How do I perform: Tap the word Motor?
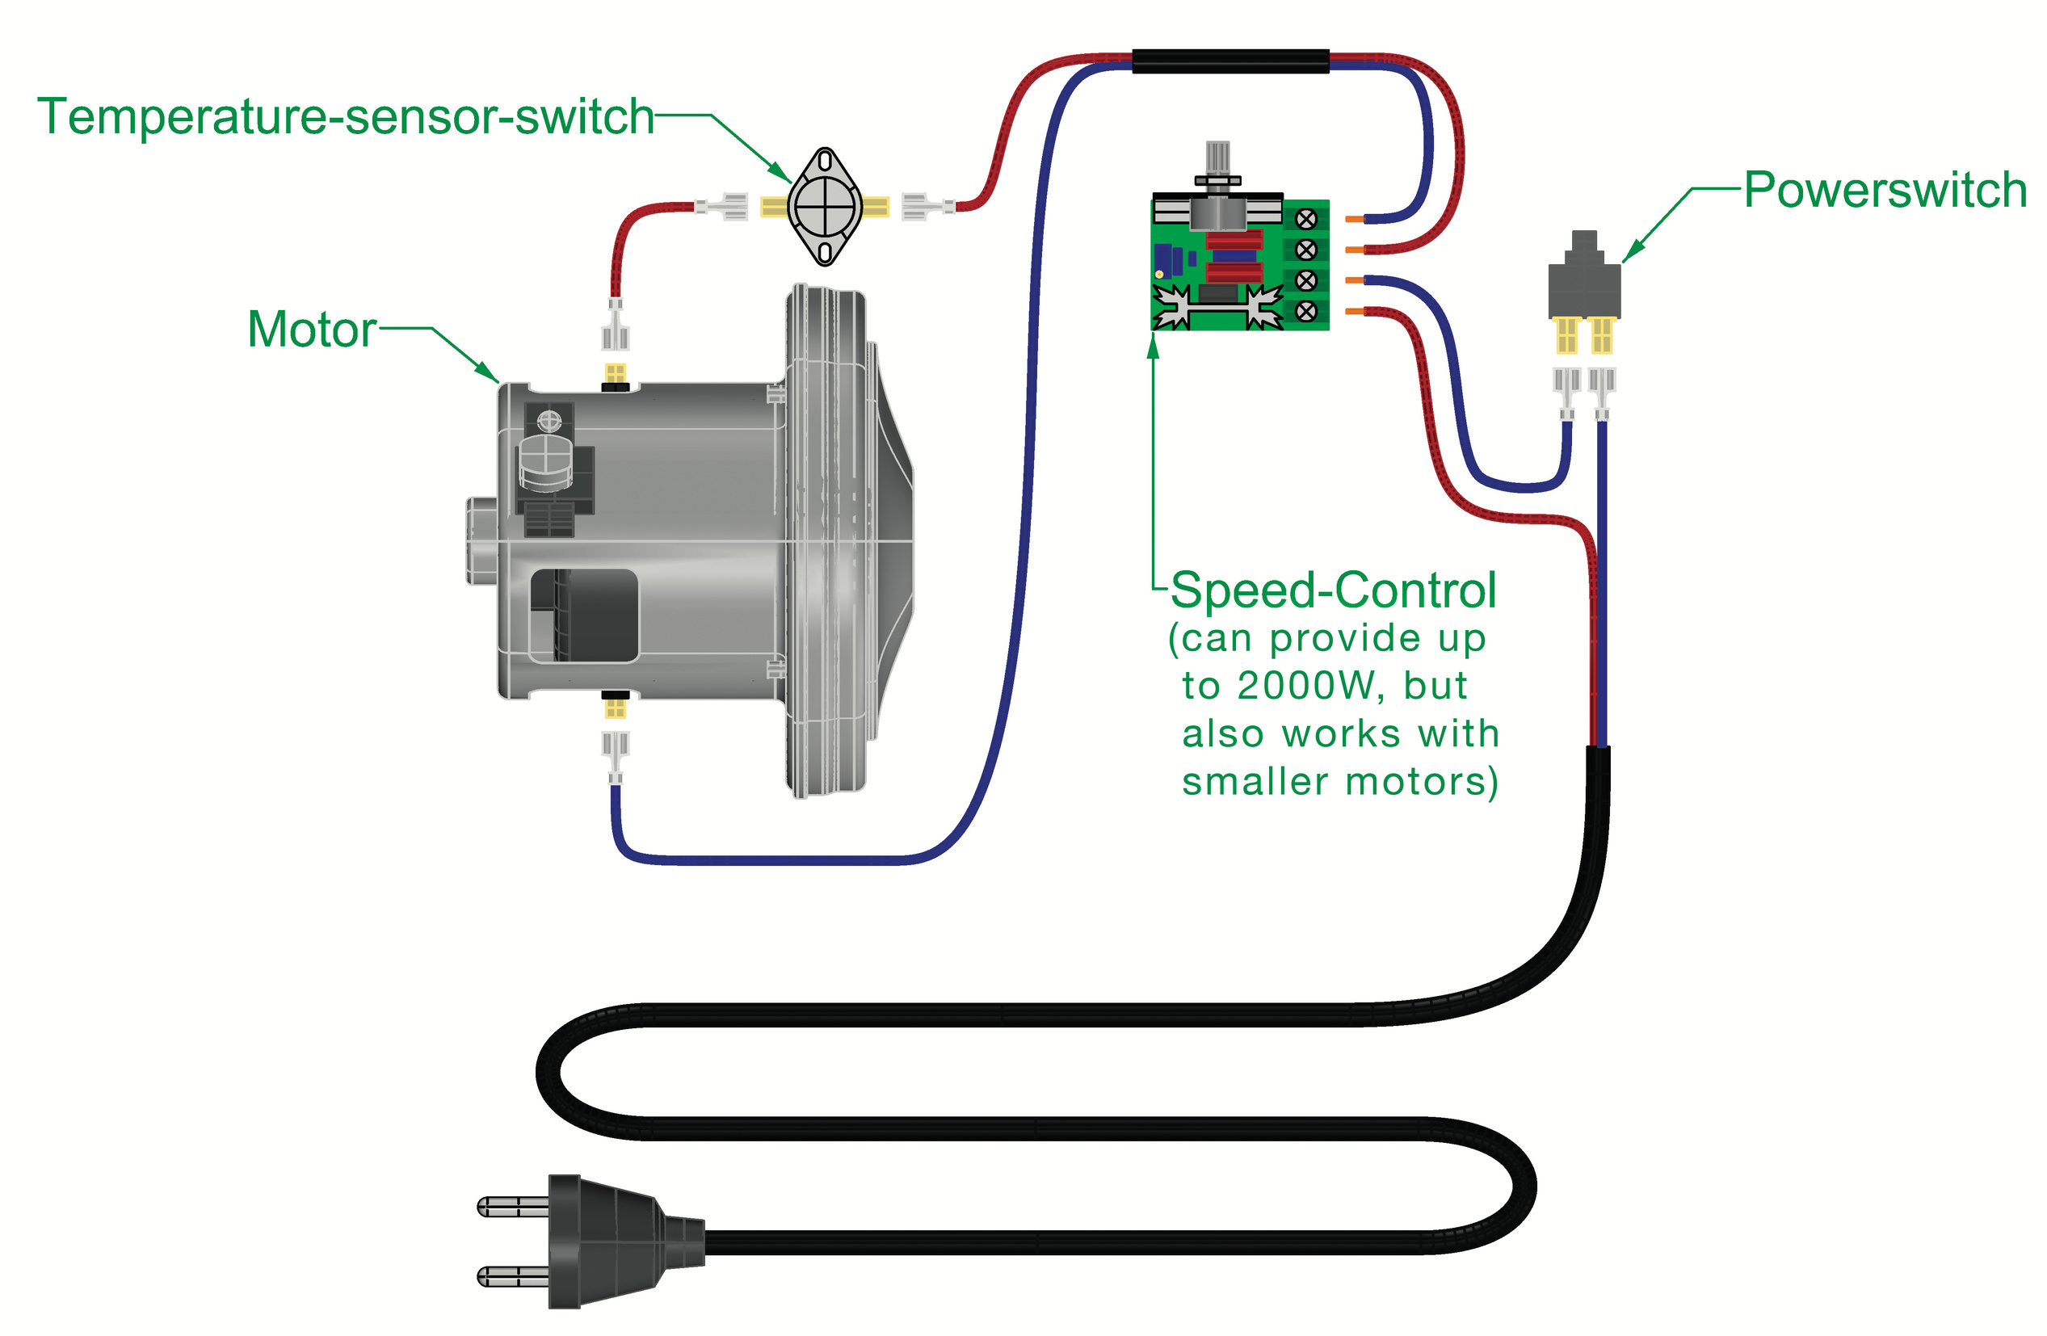point(311,330)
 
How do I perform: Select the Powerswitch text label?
point(1884,190)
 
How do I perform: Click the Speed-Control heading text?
point(1332,591)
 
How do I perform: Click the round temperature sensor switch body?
point(825,207)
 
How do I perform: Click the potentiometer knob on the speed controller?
point(1218,159)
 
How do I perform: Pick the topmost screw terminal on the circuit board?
point(1305,220)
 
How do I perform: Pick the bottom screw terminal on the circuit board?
point(1305,310)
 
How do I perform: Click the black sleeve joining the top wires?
point(1230,61)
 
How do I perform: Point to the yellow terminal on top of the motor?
point(615,373)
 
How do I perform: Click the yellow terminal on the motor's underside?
point(615,708)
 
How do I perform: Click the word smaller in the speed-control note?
point(1255,782)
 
